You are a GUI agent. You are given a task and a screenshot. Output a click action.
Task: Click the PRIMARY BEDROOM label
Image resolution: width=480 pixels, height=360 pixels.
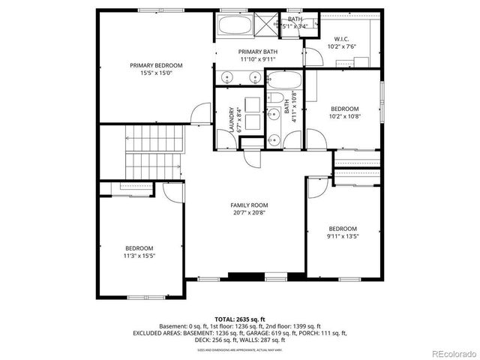point(156,65)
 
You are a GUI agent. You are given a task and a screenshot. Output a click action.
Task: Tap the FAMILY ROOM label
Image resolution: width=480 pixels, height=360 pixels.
point(249,205)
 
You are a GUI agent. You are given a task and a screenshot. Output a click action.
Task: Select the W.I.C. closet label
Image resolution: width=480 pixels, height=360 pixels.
point(341,38)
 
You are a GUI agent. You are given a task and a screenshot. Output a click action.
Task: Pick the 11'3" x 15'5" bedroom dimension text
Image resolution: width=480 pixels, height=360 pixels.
point(139,256)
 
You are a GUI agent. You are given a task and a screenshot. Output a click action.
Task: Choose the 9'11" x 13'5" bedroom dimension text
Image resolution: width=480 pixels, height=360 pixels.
point(342,236)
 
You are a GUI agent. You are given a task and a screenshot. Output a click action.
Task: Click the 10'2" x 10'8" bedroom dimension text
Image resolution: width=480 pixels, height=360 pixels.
point(345,116)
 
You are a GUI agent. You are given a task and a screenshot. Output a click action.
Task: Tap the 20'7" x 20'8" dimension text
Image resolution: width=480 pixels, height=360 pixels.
point(249,212)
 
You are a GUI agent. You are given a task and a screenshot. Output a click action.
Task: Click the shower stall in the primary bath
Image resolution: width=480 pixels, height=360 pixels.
point(267,24)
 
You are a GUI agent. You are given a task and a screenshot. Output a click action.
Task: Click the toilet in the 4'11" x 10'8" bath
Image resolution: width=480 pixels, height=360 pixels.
point(276,98)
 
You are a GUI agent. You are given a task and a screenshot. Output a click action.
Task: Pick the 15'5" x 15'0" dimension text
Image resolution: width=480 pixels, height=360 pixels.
point(156,73)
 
